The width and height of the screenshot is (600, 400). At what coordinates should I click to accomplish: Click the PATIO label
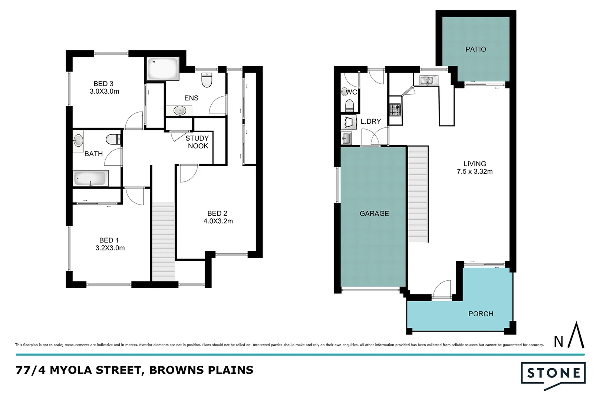click(475, 49)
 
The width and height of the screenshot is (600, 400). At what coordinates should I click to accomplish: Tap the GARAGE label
click(374, 213)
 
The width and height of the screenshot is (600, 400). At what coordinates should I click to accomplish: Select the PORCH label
click(481, 314)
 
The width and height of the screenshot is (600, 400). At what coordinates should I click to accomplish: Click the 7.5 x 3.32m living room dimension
click(475, 171)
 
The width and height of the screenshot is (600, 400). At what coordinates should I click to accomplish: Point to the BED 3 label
click(103, 84)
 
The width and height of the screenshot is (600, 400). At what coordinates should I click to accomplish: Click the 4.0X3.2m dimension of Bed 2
click(218, 221)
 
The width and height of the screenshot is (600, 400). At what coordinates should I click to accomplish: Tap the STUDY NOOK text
click(197, 142)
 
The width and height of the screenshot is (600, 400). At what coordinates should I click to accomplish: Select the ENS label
click(191, 98)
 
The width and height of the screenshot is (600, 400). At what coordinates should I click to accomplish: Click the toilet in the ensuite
click(207, 80)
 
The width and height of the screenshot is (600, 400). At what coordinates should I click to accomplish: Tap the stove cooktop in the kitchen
click(395, 110)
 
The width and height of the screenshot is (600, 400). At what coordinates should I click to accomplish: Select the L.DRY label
click(371, 121)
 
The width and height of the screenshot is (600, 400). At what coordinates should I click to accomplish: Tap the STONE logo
click(553, 373)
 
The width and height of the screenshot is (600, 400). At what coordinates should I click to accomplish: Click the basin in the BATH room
click(79, 140)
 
